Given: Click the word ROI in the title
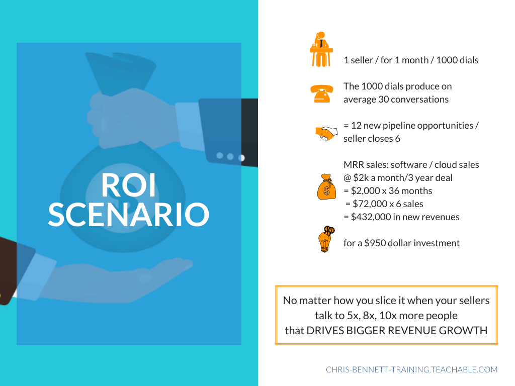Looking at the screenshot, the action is (128, 185).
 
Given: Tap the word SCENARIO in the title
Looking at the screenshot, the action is (128, 215).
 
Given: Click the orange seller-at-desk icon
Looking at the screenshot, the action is (321, 49).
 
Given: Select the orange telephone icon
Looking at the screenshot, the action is (322, 93).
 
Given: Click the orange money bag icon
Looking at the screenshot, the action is (326, 186).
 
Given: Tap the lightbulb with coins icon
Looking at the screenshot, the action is (326, 239).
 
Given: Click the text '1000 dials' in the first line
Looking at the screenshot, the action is (457, 60).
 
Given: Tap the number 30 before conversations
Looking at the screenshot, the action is (384, 99).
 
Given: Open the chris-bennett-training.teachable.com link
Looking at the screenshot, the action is (411, 369).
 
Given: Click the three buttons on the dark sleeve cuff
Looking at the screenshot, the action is (230, 157).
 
